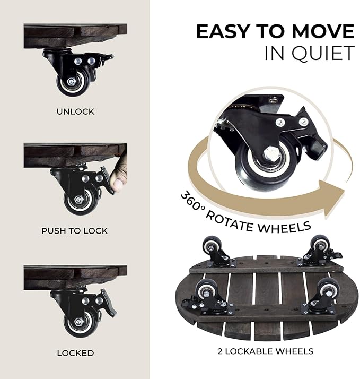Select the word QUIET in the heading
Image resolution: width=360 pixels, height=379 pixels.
322,53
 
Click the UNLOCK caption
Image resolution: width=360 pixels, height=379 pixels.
75,111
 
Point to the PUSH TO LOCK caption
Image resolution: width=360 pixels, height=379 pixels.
75,231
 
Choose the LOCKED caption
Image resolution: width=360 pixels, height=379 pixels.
75,352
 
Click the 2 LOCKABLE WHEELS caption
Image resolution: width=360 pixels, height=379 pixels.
265,351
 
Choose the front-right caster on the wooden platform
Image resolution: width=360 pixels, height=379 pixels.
325,295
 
